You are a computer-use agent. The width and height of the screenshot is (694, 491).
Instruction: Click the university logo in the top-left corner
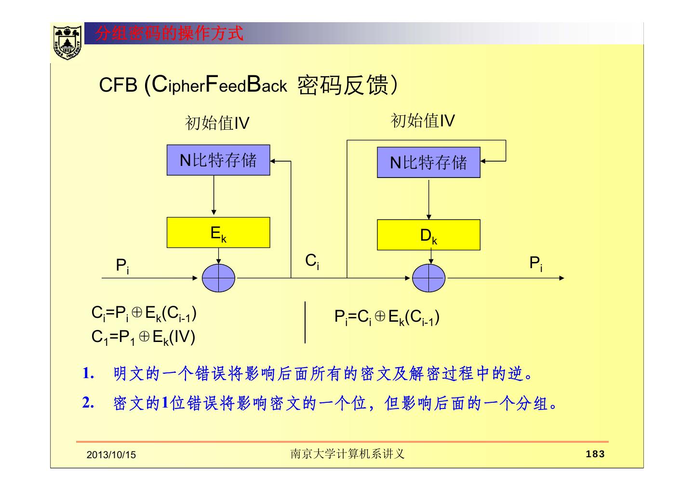tap(67, 42)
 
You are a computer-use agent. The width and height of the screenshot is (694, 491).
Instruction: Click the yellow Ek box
tap(218, 232)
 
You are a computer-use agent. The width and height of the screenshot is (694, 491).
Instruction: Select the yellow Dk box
tap(428, 235)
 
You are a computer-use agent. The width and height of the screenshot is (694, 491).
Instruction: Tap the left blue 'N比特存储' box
tap(218, 160)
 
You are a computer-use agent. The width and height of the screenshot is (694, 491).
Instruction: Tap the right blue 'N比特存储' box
tap(428, 163)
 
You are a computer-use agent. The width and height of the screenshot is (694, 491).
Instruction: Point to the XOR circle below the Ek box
tap(218, 278)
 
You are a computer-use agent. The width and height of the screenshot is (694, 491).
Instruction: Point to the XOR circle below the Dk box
tap(429, 278)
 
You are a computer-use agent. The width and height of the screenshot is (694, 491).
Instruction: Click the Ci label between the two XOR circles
tap(312, 262)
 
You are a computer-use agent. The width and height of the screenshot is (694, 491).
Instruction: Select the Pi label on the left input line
tap(122, 266)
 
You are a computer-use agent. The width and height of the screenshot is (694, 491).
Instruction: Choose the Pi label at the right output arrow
tap(536, 264)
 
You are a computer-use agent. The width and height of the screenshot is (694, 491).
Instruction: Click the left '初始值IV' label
tap(217, 123)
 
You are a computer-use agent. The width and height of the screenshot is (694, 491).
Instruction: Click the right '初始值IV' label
tap(423, 121)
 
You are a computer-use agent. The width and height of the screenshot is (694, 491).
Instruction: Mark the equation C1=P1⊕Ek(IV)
tap(144, 337)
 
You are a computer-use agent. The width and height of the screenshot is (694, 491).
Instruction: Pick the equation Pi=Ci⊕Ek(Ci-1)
tap(387, 317)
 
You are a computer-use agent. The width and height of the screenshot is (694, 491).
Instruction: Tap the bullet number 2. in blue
tap(88, 403)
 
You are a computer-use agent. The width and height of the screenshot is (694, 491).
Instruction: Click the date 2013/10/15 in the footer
tap(111, 455)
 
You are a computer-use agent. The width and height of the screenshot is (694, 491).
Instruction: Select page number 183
tap(595, 454)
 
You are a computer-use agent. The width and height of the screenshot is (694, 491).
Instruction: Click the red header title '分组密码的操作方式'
tap(169, 34)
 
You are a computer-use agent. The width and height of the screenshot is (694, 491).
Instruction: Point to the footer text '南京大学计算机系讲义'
tap(347, 454)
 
